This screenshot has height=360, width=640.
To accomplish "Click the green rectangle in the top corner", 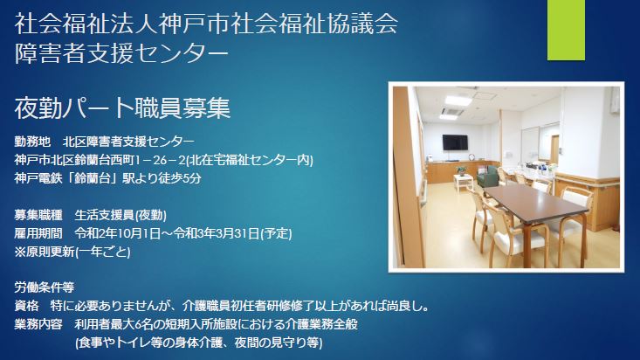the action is (x=566, y=30).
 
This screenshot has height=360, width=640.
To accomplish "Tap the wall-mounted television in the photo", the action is (x=455, y=142).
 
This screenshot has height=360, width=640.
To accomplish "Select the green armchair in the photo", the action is (x=488, y=177).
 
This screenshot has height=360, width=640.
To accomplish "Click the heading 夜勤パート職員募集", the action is (x=122, y=107).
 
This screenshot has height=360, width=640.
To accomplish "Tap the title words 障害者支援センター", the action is (x=121, y=53).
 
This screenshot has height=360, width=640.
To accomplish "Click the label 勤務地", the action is (x=32, y=142).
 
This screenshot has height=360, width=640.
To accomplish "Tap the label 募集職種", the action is (x=38, y=215).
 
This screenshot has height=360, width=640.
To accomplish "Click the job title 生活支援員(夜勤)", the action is (x=120, y=215).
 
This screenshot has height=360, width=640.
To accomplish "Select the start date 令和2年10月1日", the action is (x=117, y=233).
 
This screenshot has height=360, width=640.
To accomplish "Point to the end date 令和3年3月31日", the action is (x=217, y=233).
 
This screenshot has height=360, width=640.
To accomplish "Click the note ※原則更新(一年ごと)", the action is (x=72, y=252).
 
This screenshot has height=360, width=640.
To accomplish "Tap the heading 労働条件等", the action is (x=45, y=287).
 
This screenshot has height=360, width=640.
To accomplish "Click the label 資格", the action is (x=26, y=306).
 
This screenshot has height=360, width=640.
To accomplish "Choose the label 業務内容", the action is (x=38, y=324).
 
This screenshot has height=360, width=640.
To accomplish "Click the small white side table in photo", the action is (x=464, y=183).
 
